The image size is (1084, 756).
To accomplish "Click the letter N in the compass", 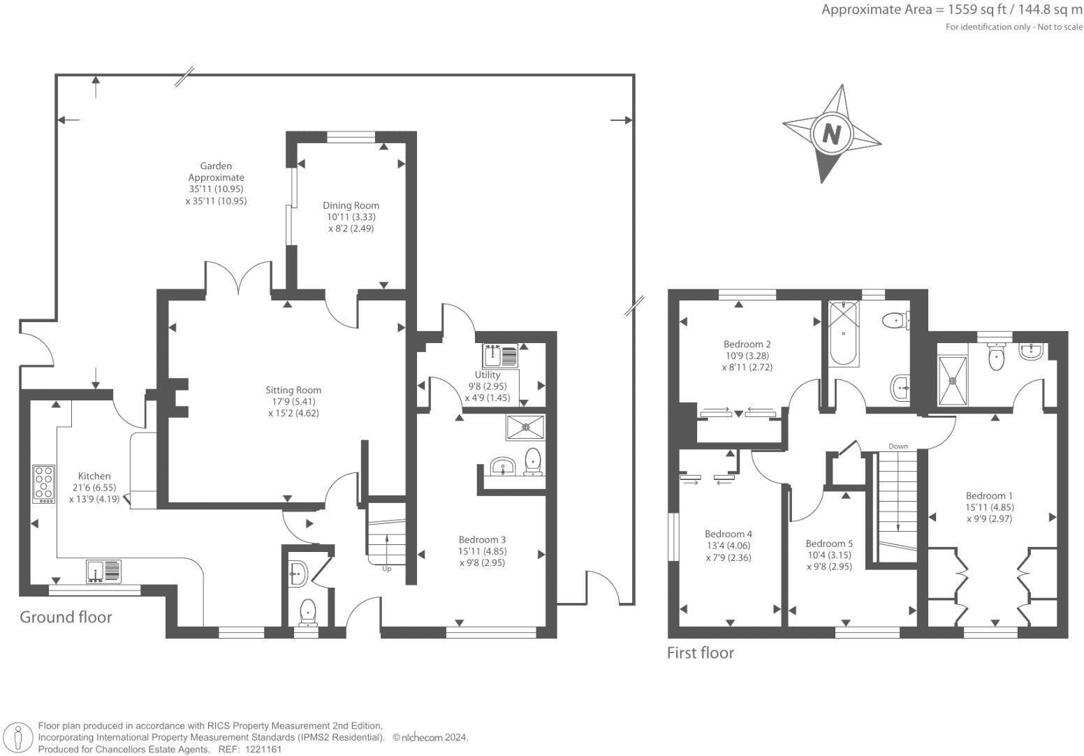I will tap(831, 133).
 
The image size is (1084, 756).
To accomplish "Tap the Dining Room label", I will tap(351, 205).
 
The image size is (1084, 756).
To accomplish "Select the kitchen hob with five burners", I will tap(43, 484).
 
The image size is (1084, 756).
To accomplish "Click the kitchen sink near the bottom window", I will tap(103, 571).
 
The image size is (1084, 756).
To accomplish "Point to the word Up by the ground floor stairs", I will tap(386, 569).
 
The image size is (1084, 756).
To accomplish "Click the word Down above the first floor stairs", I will tap(898, 446).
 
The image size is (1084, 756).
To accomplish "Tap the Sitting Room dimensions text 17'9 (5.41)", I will tap(293, 402).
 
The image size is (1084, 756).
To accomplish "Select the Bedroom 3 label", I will tap(482, 539).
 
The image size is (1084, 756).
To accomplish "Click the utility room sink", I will tap(499, 356).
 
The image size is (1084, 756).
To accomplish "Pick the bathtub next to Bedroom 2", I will tap(844, 333).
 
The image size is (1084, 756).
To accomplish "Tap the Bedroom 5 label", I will tap(829, 544).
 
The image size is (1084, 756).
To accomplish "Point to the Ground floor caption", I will tap(66, 617).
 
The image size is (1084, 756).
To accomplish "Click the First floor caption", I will tap(701, 653).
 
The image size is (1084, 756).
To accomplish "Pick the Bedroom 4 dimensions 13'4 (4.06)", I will tap(728, 546).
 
